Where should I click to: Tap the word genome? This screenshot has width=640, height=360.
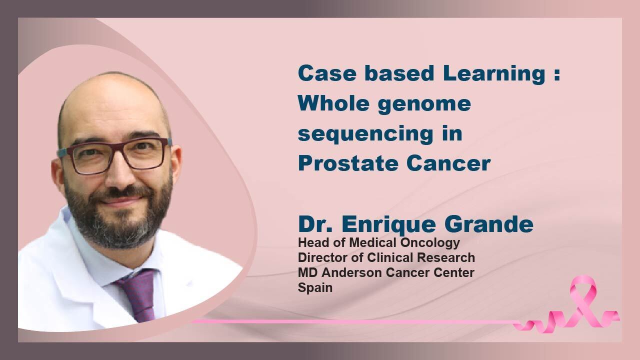[x=424, y=105]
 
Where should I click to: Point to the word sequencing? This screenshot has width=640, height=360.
[x=365, y=134]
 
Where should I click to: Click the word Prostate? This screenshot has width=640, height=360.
[x=348, y=163]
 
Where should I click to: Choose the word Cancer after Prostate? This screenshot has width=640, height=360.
[x=448, y=163]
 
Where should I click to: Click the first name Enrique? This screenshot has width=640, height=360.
[x=388, y=225]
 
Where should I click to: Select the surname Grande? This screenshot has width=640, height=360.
[x=489, y=224]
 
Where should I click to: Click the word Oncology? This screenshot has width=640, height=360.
[x=430, y=243]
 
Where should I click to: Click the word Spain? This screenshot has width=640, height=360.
[x=315, y=288]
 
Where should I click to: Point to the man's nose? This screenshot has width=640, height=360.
[x=121, y=174]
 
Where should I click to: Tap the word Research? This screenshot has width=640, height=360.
[x=445, y=257]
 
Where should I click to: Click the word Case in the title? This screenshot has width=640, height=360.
[x=327, y=73]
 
